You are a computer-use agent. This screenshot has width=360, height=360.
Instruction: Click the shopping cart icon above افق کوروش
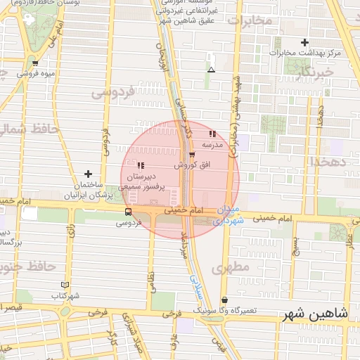[x=192, y=155]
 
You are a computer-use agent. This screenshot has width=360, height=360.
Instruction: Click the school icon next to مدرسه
[x=212, y=134]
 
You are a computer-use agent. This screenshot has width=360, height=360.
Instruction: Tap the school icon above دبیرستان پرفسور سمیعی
[x=141, y=165]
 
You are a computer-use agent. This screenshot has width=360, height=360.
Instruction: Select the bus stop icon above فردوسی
[x=127, y=211]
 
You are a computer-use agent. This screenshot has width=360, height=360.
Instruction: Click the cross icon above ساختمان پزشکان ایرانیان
[x=88, y=174]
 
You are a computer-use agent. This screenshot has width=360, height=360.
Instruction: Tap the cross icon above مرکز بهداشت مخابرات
[x=304, y=42]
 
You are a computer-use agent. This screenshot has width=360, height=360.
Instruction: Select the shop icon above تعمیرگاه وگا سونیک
[x=224, y=300]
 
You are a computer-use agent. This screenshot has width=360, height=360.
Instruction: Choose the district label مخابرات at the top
[x=250, y=20]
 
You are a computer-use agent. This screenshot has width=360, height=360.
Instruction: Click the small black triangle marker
[x=211, y=70]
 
